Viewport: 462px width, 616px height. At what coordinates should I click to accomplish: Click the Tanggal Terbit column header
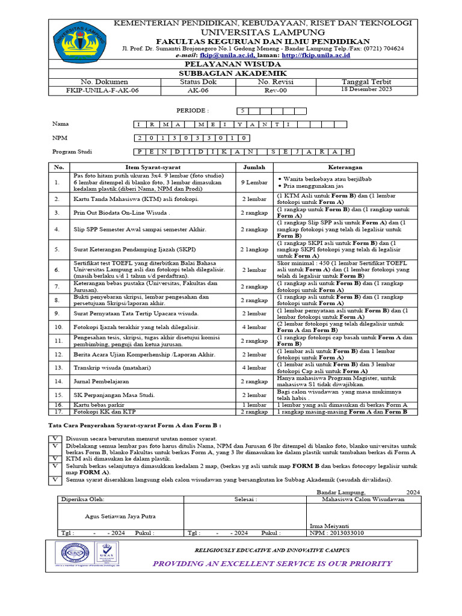tap(366, 81)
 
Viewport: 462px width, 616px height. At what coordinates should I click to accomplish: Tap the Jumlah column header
tap(254, 167)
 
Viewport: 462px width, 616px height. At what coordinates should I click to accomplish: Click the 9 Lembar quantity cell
tap(254, 182)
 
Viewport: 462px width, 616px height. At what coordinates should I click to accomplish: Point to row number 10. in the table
tap(58, 327)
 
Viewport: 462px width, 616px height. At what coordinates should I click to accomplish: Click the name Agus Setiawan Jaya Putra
tap(120, 516)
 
